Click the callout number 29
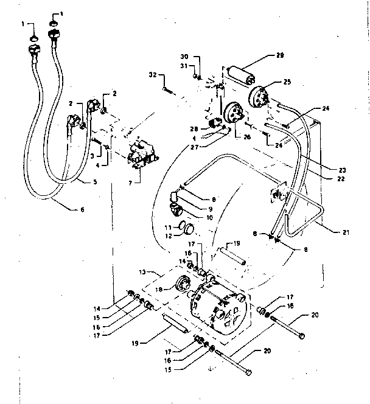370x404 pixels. click(x=279, y=55)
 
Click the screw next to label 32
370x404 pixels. click(x=170, y=89)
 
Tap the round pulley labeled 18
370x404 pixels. click(x=181, y=285)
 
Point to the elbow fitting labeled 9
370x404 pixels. click(x=175, y=199)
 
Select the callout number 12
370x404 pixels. click(x=168, y=234)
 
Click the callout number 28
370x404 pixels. click(x=194, y=128)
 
